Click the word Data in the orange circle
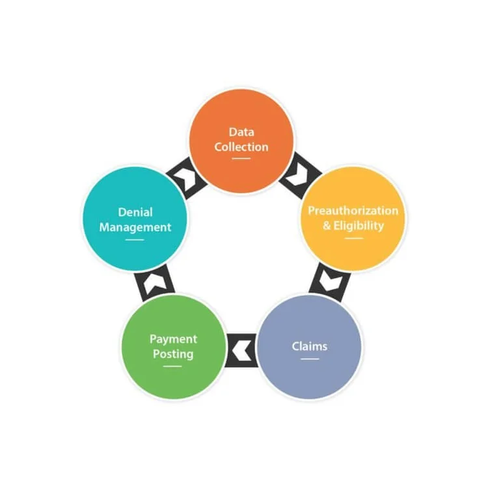[x=241, y=132]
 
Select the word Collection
[x=241, y=147]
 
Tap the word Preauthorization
[x=353, y=211]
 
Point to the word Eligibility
[x=359, y=226]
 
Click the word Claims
[x=309, y=346]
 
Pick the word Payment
[x=173, y=339]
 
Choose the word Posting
[x=173, y=354]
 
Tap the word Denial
[x=135, y=212]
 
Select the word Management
[x=135, y=227]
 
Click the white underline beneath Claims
[x=309, y=358]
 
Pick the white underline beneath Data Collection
[x=241, y=159]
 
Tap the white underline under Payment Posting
[x=173, y=366]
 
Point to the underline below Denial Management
[x=135, y=239]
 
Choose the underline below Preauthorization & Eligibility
[x=353, y=238]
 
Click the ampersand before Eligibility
[x=329, y=226]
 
